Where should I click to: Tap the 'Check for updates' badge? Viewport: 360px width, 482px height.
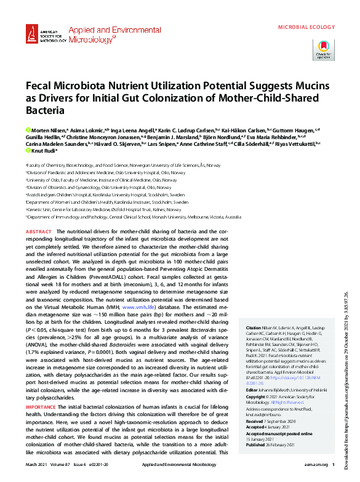coord(324,50)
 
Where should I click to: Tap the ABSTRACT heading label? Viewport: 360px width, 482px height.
coord(39,231)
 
